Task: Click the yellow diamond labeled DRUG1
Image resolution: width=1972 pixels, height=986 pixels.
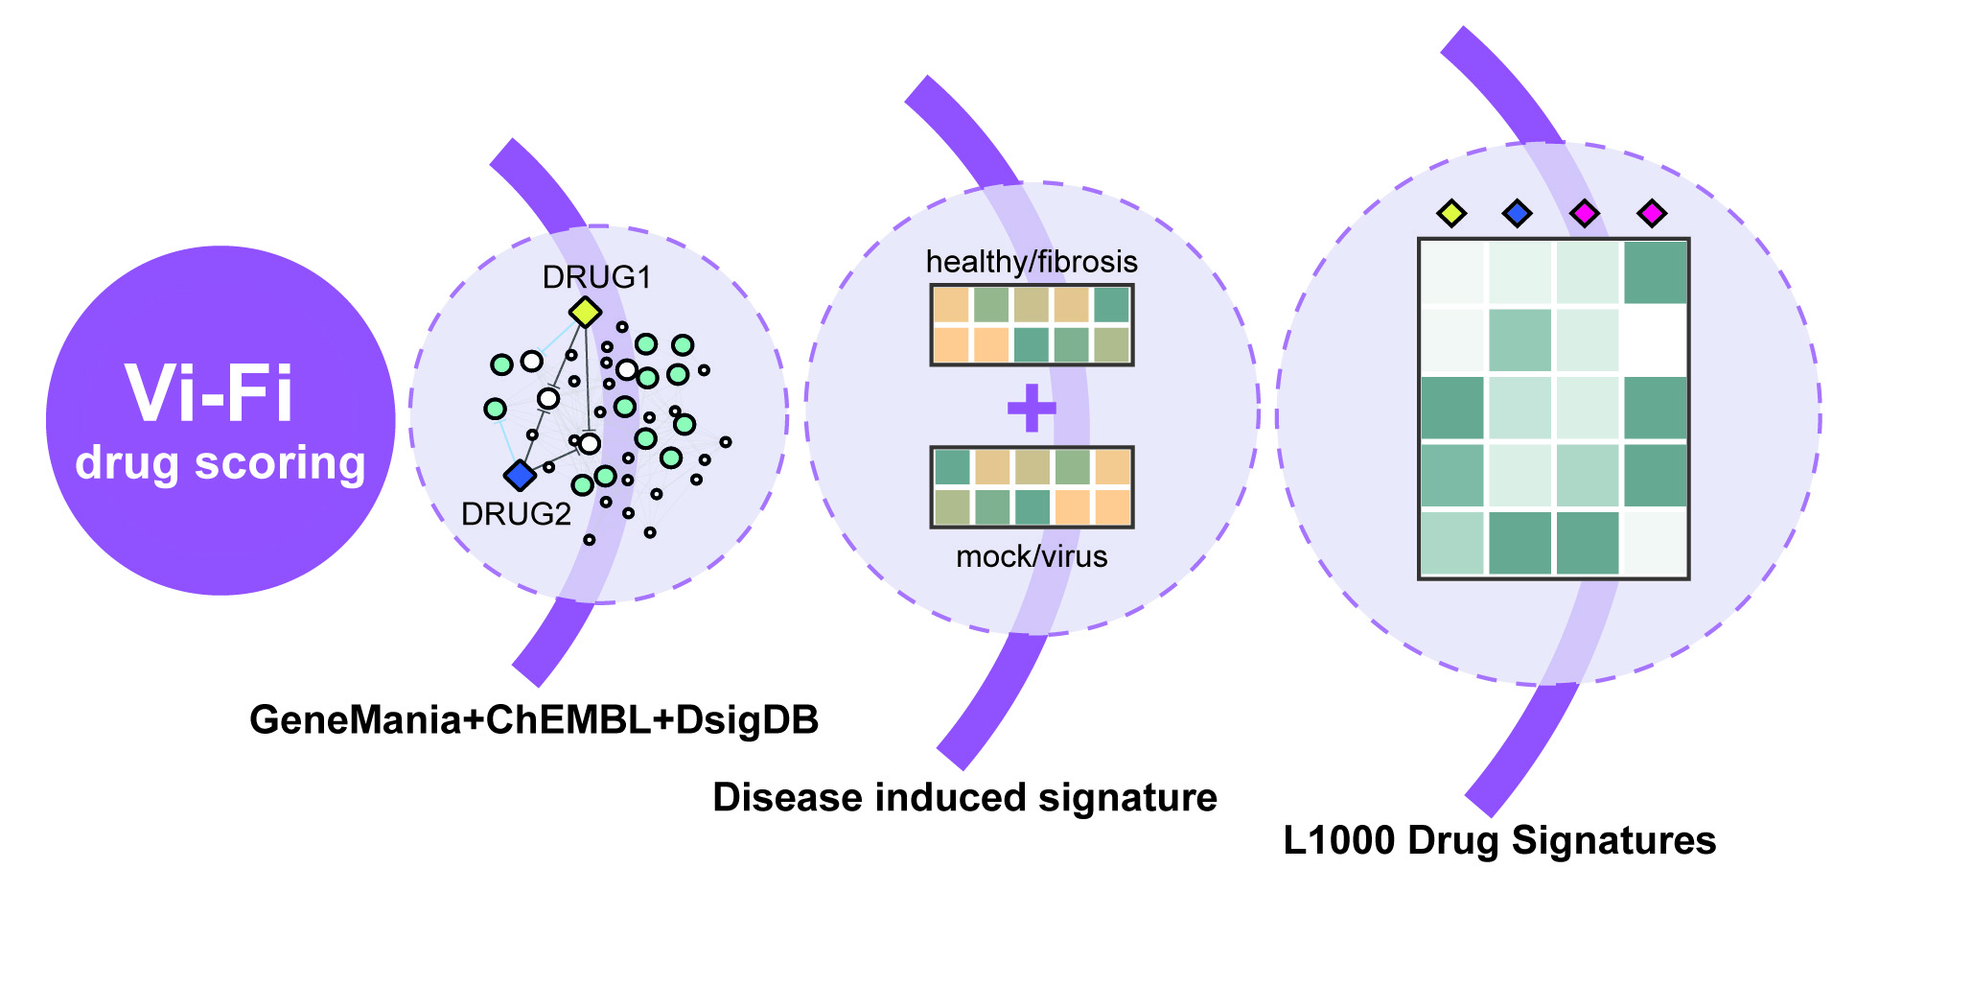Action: [x=585, y=312]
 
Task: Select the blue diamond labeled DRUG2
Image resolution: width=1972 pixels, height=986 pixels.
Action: [x=520, y=475]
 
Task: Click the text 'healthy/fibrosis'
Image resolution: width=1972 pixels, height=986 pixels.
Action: [x=1032, y=262]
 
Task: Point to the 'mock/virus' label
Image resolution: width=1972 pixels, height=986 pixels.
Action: [x=1032, y=556]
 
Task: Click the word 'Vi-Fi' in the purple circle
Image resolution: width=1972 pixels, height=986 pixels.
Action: [x=209, y=394]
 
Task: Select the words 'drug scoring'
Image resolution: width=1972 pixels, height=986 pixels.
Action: [x=220, y=463]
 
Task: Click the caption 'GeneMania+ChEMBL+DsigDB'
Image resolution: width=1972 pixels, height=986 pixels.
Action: [x=534, y=720]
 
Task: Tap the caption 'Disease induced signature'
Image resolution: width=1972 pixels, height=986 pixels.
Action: [x=964, y=798]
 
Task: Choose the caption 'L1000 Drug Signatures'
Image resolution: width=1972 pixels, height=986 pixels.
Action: [x=1499, y=841]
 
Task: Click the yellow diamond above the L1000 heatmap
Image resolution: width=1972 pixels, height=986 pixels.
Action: [x=1451, y=213]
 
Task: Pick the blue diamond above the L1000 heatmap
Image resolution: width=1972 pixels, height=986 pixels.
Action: [x=1517, y=213]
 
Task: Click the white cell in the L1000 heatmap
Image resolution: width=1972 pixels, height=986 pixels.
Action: [x=1656, y=340]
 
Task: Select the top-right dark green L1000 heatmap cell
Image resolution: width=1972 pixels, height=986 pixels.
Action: [x=1656, y=272]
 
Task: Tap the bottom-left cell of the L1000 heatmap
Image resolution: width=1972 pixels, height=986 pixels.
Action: [x=1451, y=544]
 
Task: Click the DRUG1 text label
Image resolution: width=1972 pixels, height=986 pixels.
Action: [x=596, y=277]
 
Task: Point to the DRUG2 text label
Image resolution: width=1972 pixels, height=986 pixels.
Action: [x=516, y=515]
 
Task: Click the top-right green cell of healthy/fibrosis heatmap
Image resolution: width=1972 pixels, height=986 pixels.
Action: [x=1112, y=305]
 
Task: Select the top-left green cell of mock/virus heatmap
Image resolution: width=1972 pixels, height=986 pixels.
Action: [x=952, y=467]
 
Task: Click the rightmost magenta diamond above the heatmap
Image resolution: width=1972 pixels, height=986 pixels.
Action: [x=1651, y=213]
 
